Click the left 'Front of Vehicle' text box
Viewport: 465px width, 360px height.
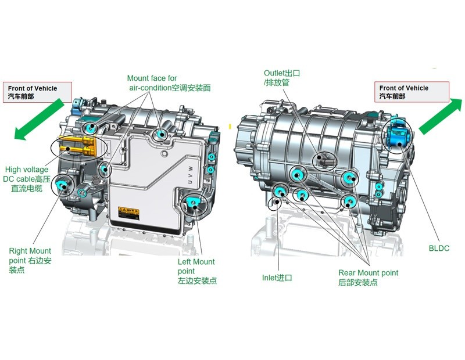(38, 92)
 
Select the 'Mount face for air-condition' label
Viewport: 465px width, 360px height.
(168, 82)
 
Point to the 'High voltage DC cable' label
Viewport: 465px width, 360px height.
(27, 179)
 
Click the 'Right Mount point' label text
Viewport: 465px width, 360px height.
(30, 261)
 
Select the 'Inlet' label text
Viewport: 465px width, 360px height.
(277, 278)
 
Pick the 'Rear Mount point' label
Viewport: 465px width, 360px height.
(368, 277)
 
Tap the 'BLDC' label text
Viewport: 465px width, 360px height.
(439, 249)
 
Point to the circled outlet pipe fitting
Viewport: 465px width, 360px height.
(322, 159)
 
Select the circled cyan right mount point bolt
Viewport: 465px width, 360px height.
(61, 186)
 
